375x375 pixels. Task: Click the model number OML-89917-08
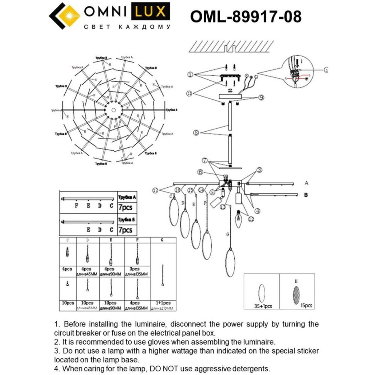click(246, 16)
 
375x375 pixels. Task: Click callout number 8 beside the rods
click(196, 133)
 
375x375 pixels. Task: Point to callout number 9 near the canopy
click(261, 98)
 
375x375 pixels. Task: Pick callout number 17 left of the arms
click(155, 190)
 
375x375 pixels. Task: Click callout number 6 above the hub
click(200, 172)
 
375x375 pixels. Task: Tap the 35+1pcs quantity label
click(262, 306)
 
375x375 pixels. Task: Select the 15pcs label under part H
click(306, 305)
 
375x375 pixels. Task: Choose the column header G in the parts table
click(162, 240)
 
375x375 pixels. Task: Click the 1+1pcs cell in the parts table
click(163, 303)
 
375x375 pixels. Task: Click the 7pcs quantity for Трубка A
click(125, 207)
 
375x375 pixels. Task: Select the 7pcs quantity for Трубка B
click(125, 230)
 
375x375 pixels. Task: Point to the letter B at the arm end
click(306, 195)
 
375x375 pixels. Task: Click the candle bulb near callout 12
click(239, 219)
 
